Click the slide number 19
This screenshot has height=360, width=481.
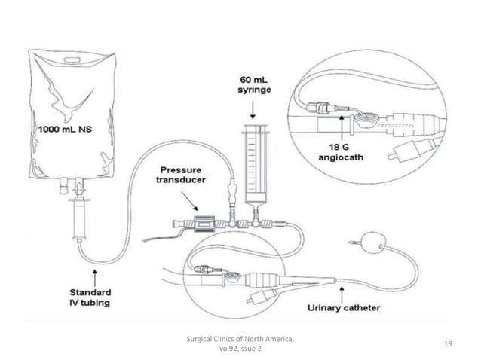pyautogui.click(x=448, y=343)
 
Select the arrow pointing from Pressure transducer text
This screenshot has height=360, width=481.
pyautogui.click(x=191, y=200)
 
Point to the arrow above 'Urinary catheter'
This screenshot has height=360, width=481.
pyautogui.click(x=343, y=291)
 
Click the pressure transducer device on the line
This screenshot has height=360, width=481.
pyautogui.click(x=203, y=224)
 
